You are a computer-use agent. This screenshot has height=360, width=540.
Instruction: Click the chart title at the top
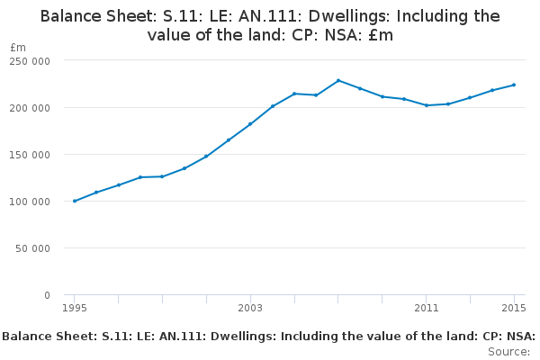270,25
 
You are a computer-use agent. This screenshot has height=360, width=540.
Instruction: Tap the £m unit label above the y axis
18,47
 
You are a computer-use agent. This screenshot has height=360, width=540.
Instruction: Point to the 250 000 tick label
30,61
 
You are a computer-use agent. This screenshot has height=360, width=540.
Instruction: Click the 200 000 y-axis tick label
30,108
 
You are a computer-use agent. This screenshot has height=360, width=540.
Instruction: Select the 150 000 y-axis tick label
30,155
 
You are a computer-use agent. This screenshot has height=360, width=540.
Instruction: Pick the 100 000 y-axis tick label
30,202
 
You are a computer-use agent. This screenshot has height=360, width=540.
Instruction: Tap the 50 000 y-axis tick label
32,248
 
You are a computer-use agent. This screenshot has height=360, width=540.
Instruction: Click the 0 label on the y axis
47,295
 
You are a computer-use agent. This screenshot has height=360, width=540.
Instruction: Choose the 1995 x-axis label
75,308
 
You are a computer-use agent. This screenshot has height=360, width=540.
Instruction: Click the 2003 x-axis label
250,308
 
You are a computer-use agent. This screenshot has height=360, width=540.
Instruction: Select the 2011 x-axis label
427,308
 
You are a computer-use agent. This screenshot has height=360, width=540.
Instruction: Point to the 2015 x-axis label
514,308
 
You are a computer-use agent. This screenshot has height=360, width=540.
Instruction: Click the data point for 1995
75,201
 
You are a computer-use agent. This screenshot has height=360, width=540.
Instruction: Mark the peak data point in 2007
338,81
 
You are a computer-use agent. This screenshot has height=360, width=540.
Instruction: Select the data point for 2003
250,124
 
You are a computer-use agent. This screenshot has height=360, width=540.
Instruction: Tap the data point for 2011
427,105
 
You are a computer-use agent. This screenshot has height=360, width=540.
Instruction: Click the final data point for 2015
514,85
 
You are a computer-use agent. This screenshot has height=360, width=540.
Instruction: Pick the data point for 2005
294,94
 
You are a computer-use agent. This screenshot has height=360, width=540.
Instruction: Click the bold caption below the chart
269,337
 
